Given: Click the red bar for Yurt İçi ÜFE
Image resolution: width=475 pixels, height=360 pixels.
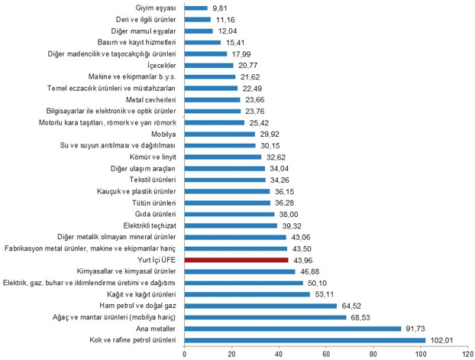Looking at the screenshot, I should click(237, 260).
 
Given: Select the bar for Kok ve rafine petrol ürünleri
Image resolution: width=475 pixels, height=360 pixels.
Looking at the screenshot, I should click(305, 340).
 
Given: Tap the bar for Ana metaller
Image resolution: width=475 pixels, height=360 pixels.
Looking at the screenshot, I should click(292, 329).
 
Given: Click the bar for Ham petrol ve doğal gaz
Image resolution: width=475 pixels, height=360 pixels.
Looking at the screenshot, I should click(260, 306).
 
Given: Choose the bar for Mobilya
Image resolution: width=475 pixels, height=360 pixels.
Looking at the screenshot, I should click(220, 134).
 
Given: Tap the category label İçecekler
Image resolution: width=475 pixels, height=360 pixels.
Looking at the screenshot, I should click(160, 65).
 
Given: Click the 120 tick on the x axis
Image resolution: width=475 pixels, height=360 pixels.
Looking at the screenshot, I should click(467, 353).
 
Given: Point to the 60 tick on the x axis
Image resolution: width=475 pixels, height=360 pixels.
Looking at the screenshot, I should click(326, 353).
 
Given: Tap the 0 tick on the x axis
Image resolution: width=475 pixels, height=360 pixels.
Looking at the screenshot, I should click(185, 353).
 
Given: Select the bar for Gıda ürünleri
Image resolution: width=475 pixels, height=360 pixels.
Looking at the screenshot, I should click(229, 214).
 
